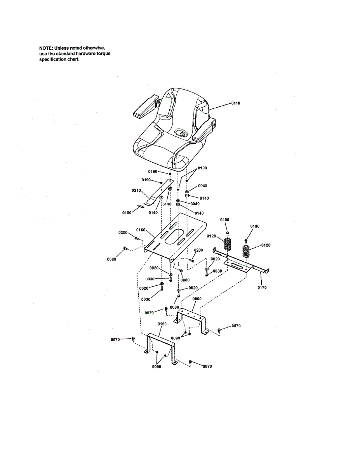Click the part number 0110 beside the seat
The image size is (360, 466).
[236, 103]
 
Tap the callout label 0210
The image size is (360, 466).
[136, 190]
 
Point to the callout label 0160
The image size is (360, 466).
[141, 230]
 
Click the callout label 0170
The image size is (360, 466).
[262, 288]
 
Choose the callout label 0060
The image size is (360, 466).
[197, 299]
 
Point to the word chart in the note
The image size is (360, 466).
[73, 59]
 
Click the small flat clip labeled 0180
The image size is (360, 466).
[142, 206]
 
